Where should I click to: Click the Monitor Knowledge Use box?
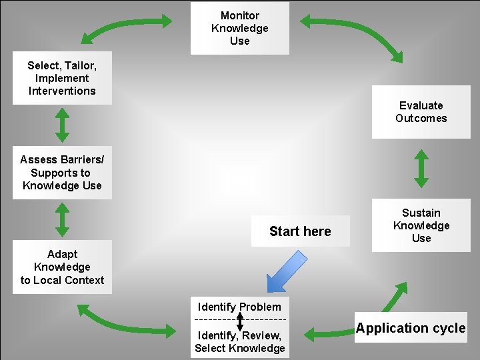pos(239,28)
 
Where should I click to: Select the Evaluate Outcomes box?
pos(421,112)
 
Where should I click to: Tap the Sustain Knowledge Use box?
pos(421,225)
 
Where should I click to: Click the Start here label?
pos(300,231)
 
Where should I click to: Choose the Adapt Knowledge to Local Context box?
pos(62,267)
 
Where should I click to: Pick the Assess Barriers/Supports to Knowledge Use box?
pos(62,173)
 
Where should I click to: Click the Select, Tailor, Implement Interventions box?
pos(62,78)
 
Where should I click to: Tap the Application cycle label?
pos(410,328)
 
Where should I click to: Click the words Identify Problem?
pos(239,307)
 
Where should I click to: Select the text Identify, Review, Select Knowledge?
pos(239,341)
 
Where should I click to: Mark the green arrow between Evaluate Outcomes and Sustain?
pos(421,169)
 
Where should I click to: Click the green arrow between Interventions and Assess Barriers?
pos(62,125)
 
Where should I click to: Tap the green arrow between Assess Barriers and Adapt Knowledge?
pos(62,220)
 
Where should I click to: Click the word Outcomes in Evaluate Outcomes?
pos(421,119)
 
